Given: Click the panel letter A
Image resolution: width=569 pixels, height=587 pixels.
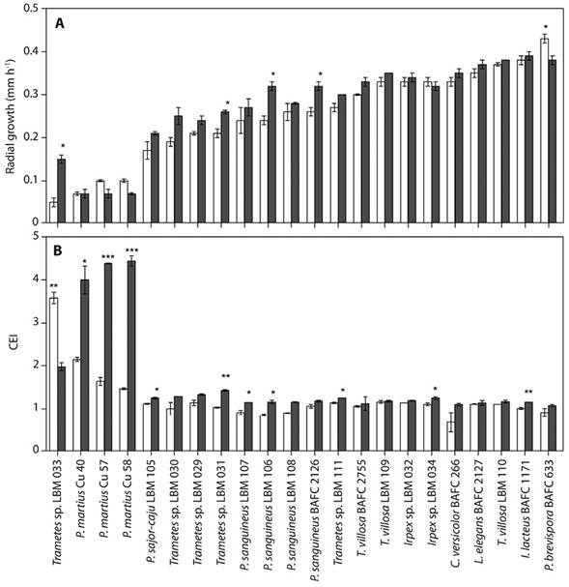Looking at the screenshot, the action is pos(60,24).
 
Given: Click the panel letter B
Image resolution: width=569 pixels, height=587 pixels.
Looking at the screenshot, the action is pos(58,250).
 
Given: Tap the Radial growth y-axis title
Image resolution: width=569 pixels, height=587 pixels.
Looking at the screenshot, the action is pos(10,116).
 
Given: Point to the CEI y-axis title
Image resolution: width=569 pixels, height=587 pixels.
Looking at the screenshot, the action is pos(14,343).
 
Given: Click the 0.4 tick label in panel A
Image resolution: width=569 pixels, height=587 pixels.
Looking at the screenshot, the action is pos(31,51).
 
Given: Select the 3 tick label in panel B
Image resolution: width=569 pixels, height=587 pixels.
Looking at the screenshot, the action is pos(36,322).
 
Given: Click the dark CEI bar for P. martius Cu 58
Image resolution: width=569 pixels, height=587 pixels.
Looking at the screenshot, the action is pos(131,356).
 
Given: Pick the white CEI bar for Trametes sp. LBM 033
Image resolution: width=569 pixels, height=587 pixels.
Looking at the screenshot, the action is pos(53,374).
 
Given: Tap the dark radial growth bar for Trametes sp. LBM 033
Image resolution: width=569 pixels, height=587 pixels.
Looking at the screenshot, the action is pos(61,191).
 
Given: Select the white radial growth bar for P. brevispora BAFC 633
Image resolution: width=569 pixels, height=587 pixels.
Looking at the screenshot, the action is pos(545,131).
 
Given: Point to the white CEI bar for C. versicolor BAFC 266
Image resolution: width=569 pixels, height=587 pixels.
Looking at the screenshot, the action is pos(451,436).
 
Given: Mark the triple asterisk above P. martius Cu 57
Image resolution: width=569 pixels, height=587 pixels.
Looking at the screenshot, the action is pos(108,257).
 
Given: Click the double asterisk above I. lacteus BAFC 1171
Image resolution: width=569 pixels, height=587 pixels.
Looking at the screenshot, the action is pos(528,392).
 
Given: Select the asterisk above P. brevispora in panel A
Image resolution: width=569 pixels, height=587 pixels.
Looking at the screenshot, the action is pos(546,27).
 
